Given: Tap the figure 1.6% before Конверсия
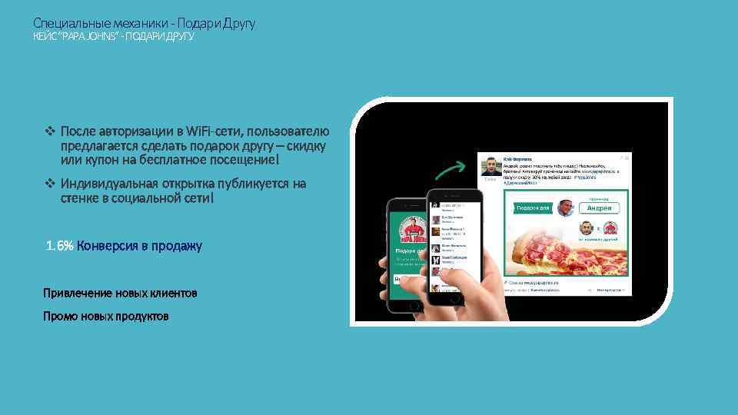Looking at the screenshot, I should coord(60,246).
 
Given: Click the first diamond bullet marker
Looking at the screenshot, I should coord(51,131).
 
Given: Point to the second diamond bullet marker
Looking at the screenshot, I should coord(51,184).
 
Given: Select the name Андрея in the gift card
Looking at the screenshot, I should coord(600,208).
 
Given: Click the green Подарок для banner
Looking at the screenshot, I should coord(530,208).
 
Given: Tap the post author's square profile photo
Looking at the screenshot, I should coord(490,167).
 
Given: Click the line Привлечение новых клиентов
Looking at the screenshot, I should coord(120,294).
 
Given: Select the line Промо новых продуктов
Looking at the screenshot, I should coord(106,317).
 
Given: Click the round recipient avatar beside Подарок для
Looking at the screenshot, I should coord(566,208).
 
